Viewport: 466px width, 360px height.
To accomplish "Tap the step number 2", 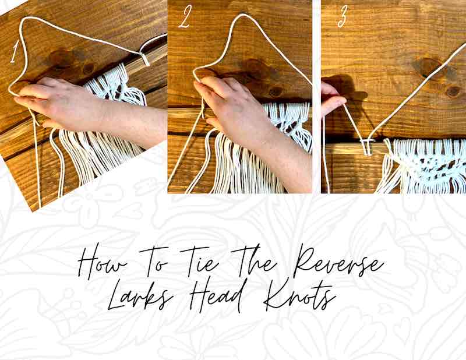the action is pyautogui.click(x=184, y=17).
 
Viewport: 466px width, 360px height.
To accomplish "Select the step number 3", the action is pyautogui.click(x=342, y=17).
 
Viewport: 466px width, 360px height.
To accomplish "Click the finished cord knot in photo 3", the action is pyautogui.click(x=368, y=146).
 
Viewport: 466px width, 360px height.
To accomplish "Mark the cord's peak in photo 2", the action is pyautogui.click(x=242, y=16).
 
